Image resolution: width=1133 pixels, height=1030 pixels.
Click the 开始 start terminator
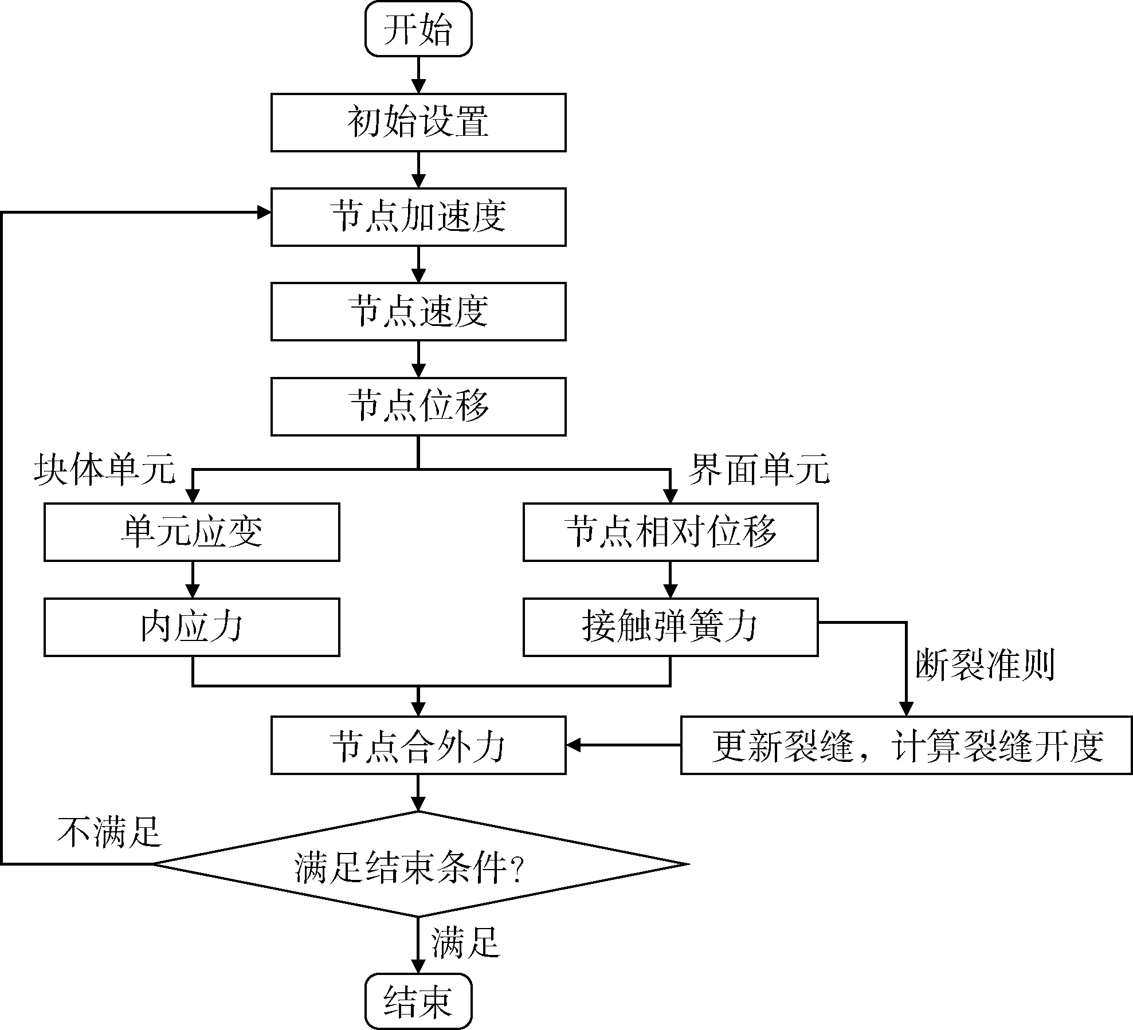[418, 29]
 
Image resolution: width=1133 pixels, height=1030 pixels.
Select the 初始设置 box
[418, 123]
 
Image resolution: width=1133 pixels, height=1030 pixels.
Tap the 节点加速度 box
[418, 217]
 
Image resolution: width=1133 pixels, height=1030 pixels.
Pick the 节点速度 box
[418, 312]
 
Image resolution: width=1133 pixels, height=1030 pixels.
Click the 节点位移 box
[418, 406]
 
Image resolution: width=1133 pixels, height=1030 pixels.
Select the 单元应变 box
[192, 532]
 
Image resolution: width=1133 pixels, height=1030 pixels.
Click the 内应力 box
[192, 627]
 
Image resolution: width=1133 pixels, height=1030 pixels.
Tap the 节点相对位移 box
[671, 532]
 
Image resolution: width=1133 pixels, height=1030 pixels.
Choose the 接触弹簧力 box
[671, 627]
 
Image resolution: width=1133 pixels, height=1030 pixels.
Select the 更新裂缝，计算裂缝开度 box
[907, 745]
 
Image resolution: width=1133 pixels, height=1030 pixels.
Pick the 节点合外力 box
[418, 745]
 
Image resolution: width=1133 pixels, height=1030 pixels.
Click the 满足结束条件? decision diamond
[418, 864]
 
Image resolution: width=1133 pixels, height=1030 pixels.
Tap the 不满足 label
[109, 831]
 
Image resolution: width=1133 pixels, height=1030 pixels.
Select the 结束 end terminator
[418, 1001]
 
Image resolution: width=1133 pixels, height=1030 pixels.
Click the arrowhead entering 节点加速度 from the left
[264, 213]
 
